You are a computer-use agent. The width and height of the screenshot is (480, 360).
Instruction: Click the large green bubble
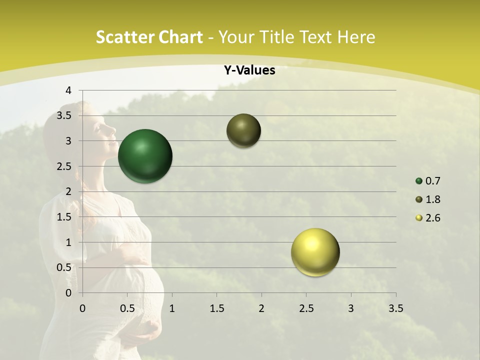pos(145,156)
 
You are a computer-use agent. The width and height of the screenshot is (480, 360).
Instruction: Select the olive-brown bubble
pos(243,130)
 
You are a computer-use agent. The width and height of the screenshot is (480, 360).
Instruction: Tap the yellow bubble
pos(315,252)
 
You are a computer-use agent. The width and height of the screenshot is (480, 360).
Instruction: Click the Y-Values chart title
pos(249,70)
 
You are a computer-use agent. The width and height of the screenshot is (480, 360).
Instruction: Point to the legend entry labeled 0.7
pos(428,181)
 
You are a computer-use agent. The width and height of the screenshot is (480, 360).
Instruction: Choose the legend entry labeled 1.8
pos(428,199)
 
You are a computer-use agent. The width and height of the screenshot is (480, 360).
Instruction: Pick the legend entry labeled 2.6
pos(428,218)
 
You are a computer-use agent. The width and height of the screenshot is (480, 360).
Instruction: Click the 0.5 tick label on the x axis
pos(127,308)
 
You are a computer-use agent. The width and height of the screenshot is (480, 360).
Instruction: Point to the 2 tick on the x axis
pos(261,308)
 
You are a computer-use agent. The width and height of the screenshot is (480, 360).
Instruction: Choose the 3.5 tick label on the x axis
pos(395,308)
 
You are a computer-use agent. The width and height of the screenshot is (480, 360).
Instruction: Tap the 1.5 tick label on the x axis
pos(216,308)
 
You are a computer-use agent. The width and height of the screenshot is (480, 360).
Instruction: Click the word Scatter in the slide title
pos(125,37)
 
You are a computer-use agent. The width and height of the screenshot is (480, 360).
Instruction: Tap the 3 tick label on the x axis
pos(351,308)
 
